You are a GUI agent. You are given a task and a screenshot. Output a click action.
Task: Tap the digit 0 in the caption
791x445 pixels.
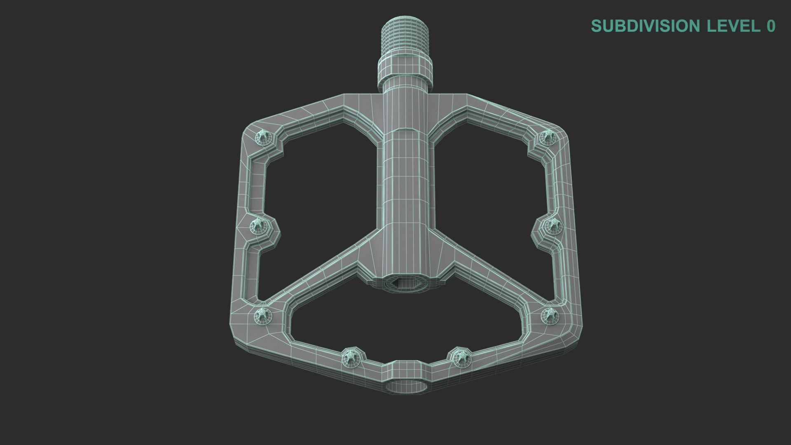point(770,26)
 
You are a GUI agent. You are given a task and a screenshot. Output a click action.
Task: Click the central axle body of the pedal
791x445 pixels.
point(405,185)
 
